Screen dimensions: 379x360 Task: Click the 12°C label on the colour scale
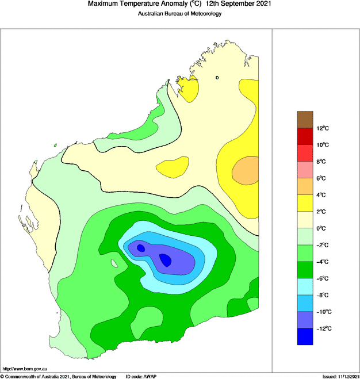[x=322, y=128]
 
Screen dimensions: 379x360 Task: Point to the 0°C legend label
[x=322, y=228]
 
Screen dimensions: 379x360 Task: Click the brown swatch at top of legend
[x=305, y=119]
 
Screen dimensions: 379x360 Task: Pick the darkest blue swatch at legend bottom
[x=305, y=336]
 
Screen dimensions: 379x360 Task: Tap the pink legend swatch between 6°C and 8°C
[x=305, y=170]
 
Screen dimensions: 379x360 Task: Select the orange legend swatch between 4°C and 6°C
[x=305, y=186]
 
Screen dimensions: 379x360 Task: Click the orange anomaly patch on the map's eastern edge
[x=246, y=171]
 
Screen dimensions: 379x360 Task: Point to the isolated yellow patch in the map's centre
[x=173, y=167]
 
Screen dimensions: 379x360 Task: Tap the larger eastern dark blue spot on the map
[x=166, y=260]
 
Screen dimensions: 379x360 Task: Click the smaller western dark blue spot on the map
[x=140, y=248]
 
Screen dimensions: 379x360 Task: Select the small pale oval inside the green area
[x=114, y=263]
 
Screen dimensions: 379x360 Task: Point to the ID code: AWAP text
[x=142, y=376]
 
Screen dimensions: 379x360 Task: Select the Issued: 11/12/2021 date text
[x=340, y=376]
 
